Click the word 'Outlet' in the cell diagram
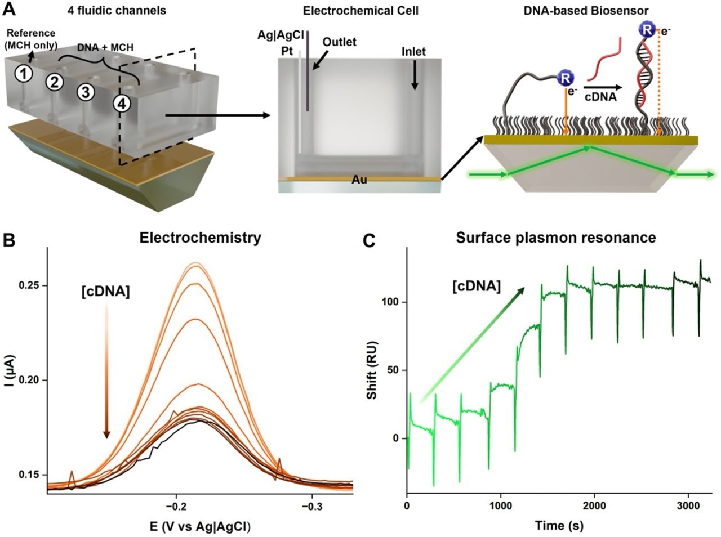(x=340, y=42)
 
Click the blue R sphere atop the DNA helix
(x=646, y=30)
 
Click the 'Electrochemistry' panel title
(x=201, y=238)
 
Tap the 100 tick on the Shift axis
(x=392, y=302)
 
